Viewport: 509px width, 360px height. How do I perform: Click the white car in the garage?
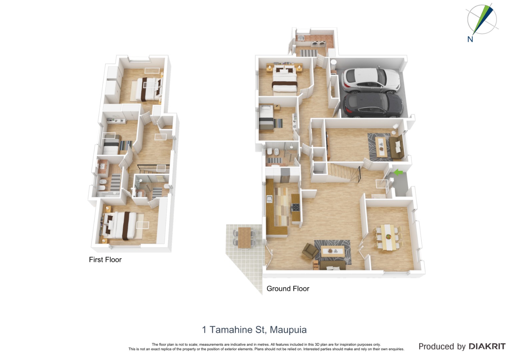pyautogui.click(x=371, y=80)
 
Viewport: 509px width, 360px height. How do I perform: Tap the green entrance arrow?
pyautogui.click(x=398, y=172)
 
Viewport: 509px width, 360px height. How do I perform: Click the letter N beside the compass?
pyautogui.click(x=470, y=39)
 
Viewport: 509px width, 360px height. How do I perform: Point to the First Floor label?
pyautogui.click(x=105, y=260)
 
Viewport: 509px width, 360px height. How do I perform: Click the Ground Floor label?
pyautogui.click(x=288, y=289)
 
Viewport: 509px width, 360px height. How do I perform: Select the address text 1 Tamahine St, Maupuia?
pyautogui.click(x=254, y=330)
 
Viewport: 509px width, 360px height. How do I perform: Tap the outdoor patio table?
pyautogui.click(x=244, y=238)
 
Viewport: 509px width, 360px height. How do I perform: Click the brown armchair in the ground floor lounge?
pyautogui.click(x=310, y=250)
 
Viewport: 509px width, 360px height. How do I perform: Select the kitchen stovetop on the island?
pyautogui.click(x=295, y=207)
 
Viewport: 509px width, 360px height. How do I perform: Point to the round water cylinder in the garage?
pyautogui.click(x=333, y=64)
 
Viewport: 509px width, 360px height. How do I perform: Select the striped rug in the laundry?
pyautogui.click(x=309, y=53)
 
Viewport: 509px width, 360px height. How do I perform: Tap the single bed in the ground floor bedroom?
pyautogui.click(x=266, y=117)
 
